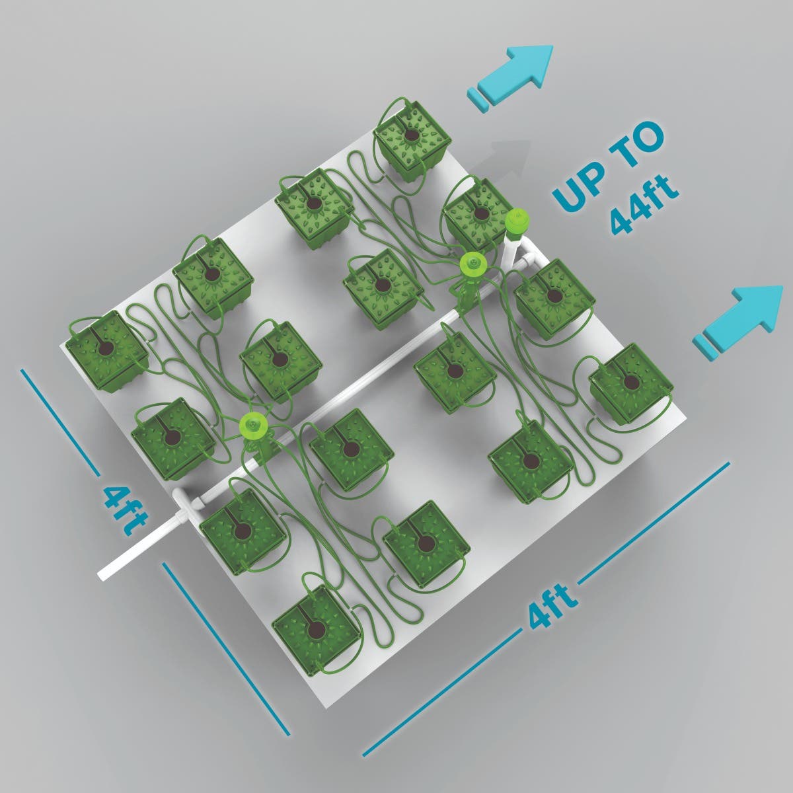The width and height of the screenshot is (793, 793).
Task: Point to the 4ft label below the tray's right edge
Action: coord(550,605)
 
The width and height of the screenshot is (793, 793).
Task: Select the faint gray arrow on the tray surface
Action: coord(500,158)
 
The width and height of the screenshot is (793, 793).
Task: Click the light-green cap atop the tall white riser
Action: coord(517,219)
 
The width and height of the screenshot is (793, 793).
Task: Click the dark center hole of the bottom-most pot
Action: coord(316,628)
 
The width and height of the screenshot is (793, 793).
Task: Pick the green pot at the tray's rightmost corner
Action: coord(631,385)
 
